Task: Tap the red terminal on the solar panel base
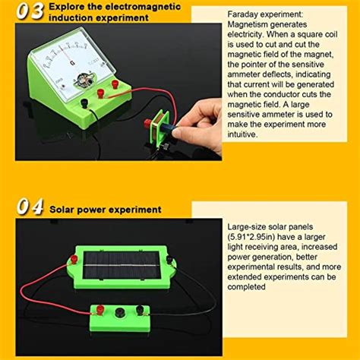(75, 260)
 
